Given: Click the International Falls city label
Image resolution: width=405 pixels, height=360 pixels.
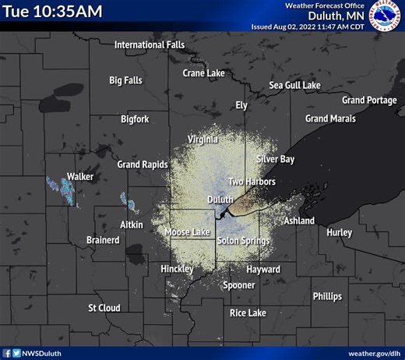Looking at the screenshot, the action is click(x=150, y=44).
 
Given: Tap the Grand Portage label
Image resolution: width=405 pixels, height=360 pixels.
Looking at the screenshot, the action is click(x=369, y=100).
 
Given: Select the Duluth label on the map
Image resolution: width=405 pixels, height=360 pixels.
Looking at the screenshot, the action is click(x=220, y=199).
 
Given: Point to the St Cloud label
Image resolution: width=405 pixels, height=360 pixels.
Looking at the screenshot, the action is click(x=104, y=308).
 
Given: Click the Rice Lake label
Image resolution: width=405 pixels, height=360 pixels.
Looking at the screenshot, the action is click(x=248, y=312).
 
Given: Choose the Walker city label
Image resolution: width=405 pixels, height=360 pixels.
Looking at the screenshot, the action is click(x=80, y=177).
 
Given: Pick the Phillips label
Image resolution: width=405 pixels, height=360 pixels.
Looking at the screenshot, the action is click(x=327, y=296).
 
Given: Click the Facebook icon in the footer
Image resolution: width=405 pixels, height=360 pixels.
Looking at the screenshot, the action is click(x=7, y=353).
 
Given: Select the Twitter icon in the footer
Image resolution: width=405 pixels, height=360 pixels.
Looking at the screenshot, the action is click(x=16, y=353).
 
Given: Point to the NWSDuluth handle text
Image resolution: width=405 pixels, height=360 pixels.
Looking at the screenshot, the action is click(x=44, y=353).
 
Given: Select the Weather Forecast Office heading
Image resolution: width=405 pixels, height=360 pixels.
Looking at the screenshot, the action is click(x=325, y=5).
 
